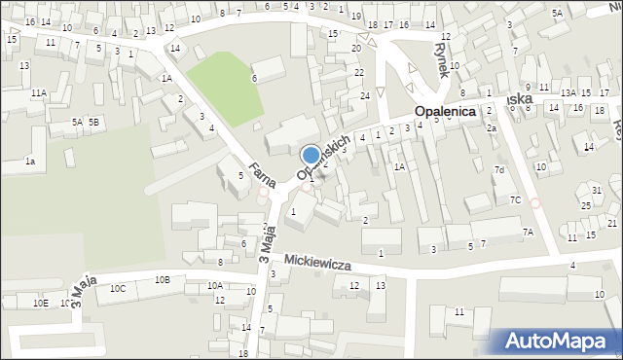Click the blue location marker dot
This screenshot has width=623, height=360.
click(x=311, y=154)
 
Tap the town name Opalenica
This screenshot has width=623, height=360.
click(x=445, y=112)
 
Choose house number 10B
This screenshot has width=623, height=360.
click(x=162, y=280)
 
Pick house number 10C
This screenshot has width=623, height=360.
click(x=118, y=289)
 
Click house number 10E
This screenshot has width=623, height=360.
click(x=40, y=304)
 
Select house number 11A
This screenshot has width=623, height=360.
click(x=38, y=93)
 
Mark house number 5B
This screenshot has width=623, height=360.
click(x=93, y=122)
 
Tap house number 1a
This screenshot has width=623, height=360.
click(x=30, y=162)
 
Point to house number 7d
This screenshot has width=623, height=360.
click(x=499, y=170)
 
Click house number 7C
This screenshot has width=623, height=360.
click(x=515, y=200)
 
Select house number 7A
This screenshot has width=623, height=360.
click(x=528, y=233)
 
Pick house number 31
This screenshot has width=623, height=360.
click(x=597, y=190)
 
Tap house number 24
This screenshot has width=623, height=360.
click(x=365, y=95)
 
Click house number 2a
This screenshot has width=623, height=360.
click(x=493, y=128)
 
